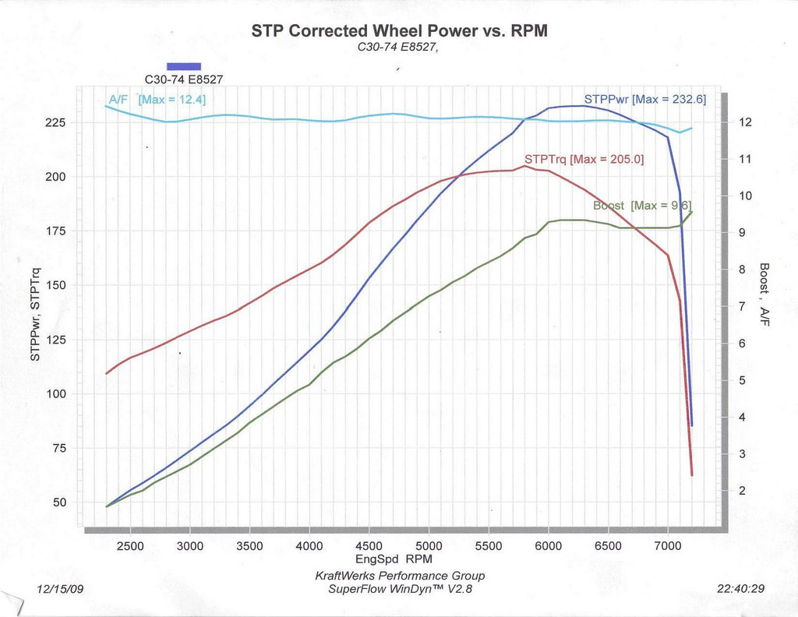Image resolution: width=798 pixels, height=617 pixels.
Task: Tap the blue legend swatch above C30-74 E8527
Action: coord(184,66)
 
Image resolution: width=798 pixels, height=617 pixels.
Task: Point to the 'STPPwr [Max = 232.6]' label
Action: coord(645,100)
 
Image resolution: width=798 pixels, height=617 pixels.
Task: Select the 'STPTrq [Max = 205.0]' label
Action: coord(584,159)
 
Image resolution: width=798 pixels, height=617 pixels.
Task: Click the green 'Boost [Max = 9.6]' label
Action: coord(642,206)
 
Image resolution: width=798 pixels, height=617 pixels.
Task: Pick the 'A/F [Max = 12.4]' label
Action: coord(157,100)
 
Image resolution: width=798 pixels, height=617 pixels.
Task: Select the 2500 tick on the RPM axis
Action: coord(130,546)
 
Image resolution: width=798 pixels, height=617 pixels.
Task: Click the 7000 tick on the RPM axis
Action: coord(667,546)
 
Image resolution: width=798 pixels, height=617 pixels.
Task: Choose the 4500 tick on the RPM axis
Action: coord(369,546)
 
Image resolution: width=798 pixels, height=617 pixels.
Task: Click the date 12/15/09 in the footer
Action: coord(60,589)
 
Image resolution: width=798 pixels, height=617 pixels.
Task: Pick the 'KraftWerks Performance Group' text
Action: coord(399,576)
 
